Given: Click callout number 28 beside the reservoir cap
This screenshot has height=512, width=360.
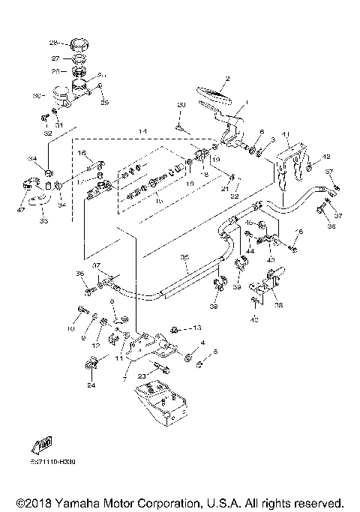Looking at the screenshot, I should coord(53,42).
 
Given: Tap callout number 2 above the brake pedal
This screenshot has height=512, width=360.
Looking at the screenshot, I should coord(228,78).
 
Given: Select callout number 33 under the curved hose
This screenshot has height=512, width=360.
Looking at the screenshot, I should coord(43,221).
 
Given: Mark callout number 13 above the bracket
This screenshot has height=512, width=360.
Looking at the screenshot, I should coord(198,328).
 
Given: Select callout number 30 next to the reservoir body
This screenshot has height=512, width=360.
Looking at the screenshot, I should coord(35,96).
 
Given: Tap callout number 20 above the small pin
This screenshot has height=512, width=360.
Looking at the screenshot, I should coord(181,103).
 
